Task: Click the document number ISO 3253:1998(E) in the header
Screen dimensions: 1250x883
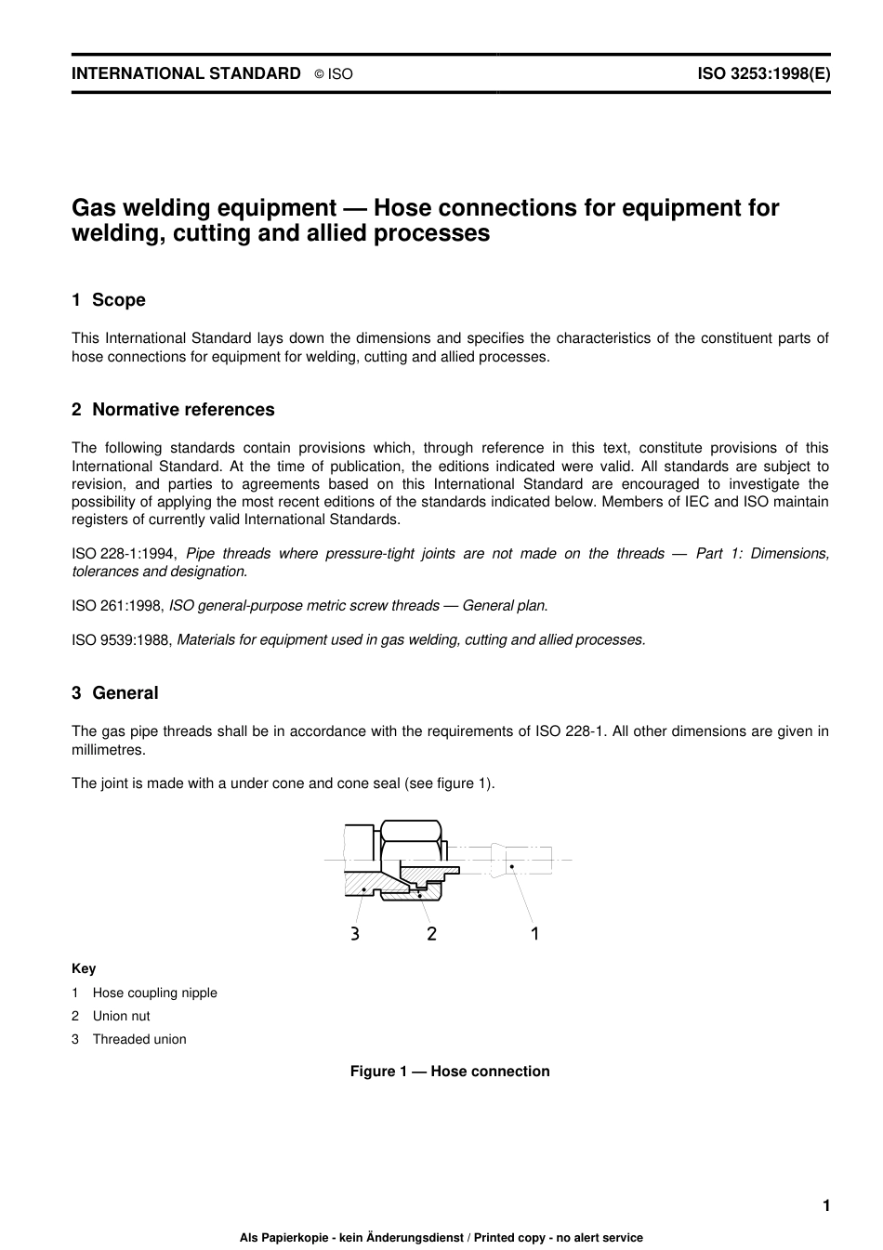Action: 763,73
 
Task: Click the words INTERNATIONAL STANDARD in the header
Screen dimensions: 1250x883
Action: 186,73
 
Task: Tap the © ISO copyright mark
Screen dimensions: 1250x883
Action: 334,74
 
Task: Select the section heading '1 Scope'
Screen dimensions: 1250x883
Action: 109,300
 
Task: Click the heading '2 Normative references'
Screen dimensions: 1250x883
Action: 173,410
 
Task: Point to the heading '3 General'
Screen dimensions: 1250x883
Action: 115,693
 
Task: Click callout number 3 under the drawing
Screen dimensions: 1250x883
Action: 355,933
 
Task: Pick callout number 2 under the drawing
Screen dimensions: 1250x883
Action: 431,933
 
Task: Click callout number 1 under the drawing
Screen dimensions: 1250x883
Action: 534,932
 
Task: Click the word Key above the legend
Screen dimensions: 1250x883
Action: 84,968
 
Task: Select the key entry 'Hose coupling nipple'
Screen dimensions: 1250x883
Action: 154,993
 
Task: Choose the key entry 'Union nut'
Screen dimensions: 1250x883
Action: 121,1016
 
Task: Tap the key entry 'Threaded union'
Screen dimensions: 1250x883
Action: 138,1039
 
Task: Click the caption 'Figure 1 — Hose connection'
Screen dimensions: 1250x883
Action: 450,1072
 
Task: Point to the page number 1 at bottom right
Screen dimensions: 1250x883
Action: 825,1206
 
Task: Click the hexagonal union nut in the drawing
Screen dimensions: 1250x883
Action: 410,833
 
